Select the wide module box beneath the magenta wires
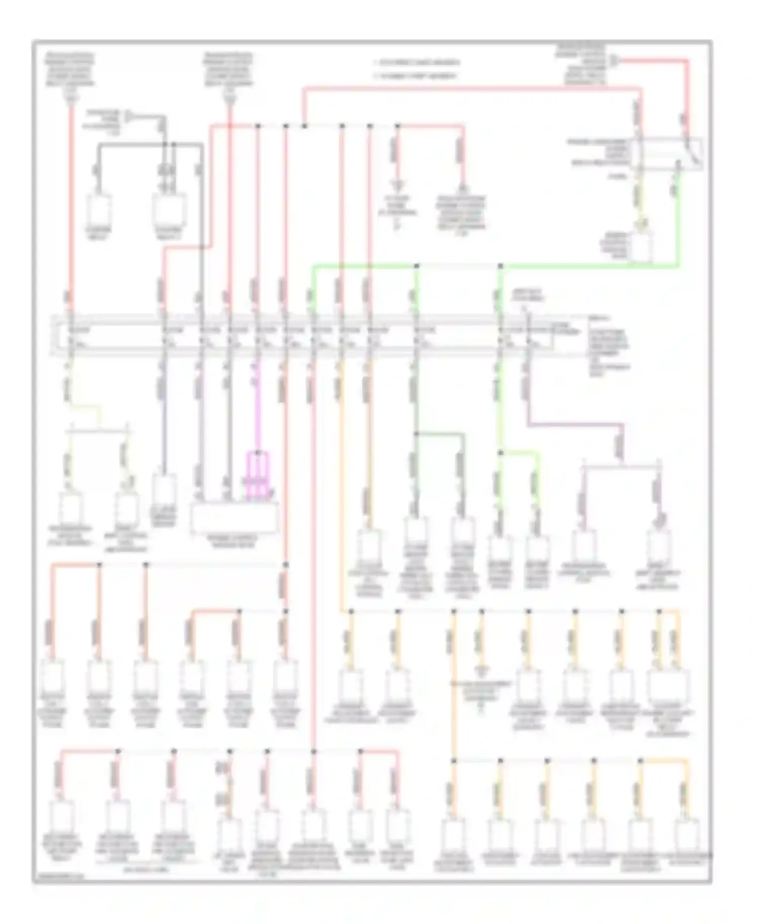(234, 519)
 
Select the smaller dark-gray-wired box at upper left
(99, 212)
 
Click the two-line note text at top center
(417, 69)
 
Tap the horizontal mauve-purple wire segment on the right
(576, 425)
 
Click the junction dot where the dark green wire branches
(416, 434)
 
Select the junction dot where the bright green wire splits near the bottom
(500, 453)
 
